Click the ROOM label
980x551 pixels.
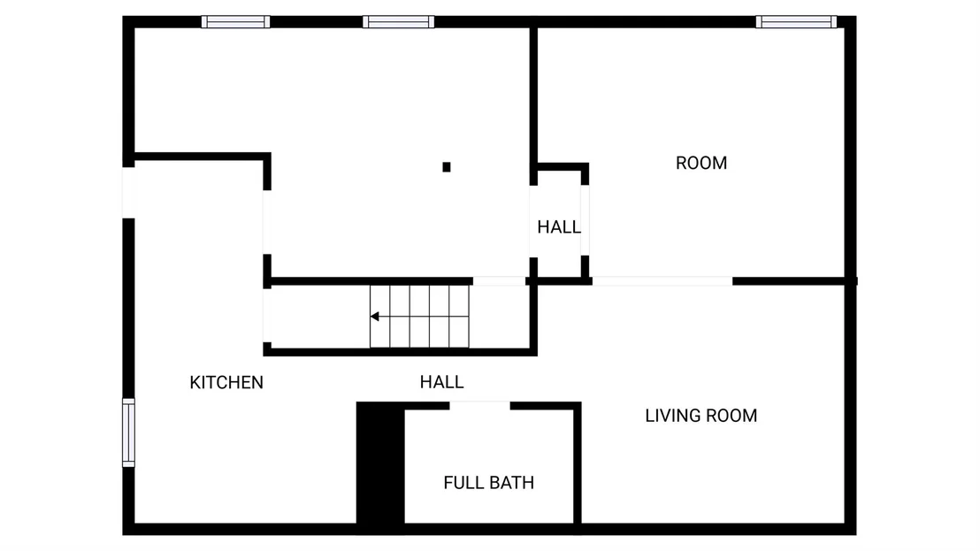click(701, 163)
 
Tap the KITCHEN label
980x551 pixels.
click(226, 382)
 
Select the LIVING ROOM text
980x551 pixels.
click(701, 416)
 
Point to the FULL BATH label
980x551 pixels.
click(489, 482)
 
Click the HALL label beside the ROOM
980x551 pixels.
click(559, 226)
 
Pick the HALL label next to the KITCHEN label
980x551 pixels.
click(442, 382)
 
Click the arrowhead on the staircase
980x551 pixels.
click(374, 317)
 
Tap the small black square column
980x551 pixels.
click(447, 167)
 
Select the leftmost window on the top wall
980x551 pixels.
click(235, 22)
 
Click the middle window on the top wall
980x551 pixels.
click(398, 22)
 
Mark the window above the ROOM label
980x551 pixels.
click(796, 22)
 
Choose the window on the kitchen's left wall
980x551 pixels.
click(128, 432)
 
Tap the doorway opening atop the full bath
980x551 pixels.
click(479, 405)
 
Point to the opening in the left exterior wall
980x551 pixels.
click(129, 193)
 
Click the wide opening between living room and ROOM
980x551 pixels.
click(662, 281)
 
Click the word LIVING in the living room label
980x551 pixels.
click(670, 416)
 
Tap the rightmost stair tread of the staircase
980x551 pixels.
click(459, 317)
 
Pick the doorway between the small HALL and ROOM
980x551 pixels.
click(585, 220)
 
